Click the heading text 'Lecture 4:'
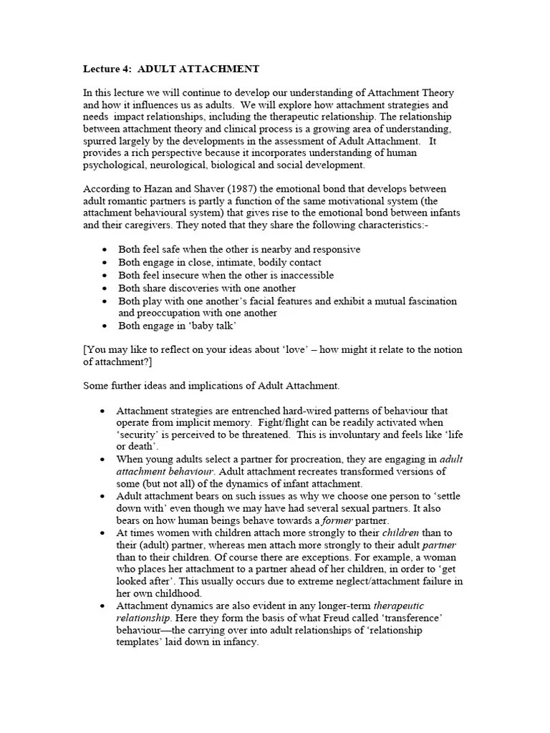pyautogui.click(x=107, y=69)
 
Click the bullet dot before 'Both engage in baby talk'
pyautogui.click(x=105, y=326)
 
